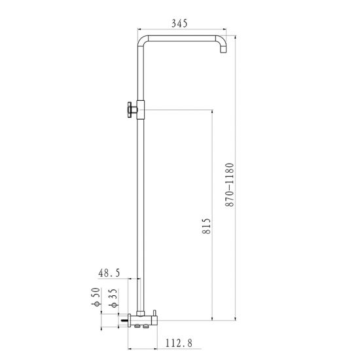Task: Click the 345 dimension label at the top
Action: (180, 23)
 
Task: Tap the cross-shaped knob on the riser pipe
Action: (129, 109)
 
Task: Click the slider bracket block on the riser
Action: (140, 109)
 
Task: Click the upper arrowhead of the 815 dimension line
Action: (213, 112)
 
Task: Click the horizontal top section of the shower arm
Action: (183, 37)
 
